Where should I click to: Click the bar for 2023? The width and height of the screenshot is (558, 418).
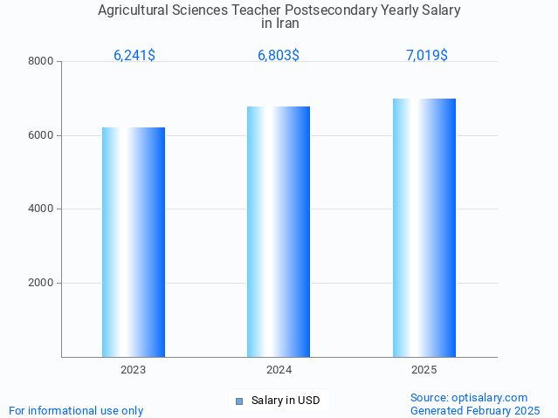[x=134, y=242]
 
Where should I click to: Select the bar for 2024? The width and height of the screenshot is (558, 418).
[x=279, y=231]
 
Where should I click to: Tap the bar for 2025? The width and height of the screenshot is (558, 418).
[x=424, y=227]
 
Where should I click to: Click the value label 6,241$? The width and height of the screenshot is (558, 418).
[x=134, y=55]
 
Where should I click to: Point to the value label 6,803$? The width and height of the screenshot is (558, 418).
[x=279, y=55]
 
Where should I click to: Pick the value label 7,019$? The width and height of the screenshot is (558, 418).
[x=426, y=55]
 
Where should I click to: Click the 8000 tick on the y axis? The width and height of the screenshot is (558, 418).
[x=42, y=61]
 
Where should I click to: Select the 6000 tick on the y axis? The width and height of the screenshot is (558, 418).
[x=42, y=135]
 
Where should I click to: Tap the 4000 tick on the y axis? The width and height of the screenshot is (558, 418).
[x=42, y=209]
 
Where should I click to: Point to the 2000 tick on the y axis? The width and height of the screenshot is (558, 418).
[x=42, y=283]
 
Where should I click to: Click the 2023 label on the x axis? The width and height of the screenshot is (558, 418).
[x=134, y=370]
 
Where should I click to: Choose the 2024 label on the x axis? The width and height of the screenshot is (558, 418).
[x=279, y=370]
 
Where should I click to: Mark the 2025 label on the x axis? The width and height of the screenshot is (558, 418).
[x=424, y=370]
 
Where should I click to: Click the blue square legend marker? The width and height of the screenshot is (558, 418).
[x=239, y=401]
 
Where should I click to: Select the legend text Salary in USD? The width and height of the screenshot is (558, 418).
[x=286, y=401]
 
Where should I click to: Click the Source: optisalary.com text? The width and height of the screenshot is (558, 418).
[x=469, y=397]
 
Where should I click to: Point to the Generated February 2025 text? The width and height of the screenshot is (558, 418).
[x=475, y=410]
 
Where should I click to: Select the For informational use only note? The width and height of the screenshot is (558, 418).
[x=76, y=410]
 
